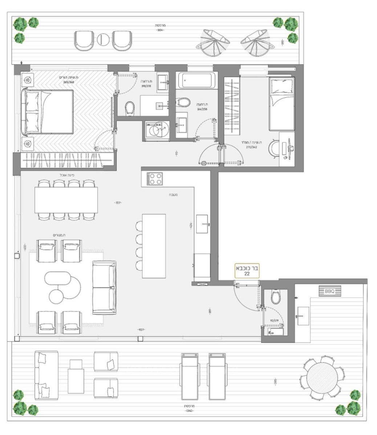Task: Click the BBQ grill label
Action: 330,291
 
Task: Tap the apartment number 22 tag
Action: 247,271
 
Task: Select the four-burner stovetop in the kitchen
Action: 155,179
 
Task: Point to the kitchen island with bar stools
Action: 154,246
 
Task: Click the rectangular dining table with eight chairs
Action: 66,200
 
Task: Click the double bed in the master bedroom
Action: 49,112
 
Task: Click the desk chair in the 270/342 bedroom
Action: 274,149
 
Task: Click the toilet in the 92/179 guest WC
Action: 276,297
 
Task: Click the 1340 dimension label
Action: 189,411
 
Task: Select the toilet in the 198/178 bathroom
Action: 129,108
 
